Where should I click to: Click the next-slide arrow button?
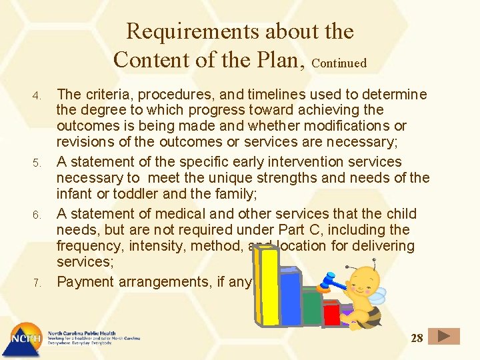(444, 337)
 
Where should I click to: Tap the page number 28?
(417, 338)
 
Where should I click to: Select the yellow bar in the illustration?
(268, 286)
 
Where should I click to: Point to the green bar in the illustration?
(311, 308)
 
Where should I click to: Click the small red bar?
(331, 314)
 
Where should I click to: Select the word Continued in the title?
(339, 63)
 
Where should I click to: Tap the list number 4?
(38, 94)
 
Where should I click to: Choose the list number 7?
(38, 283)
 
